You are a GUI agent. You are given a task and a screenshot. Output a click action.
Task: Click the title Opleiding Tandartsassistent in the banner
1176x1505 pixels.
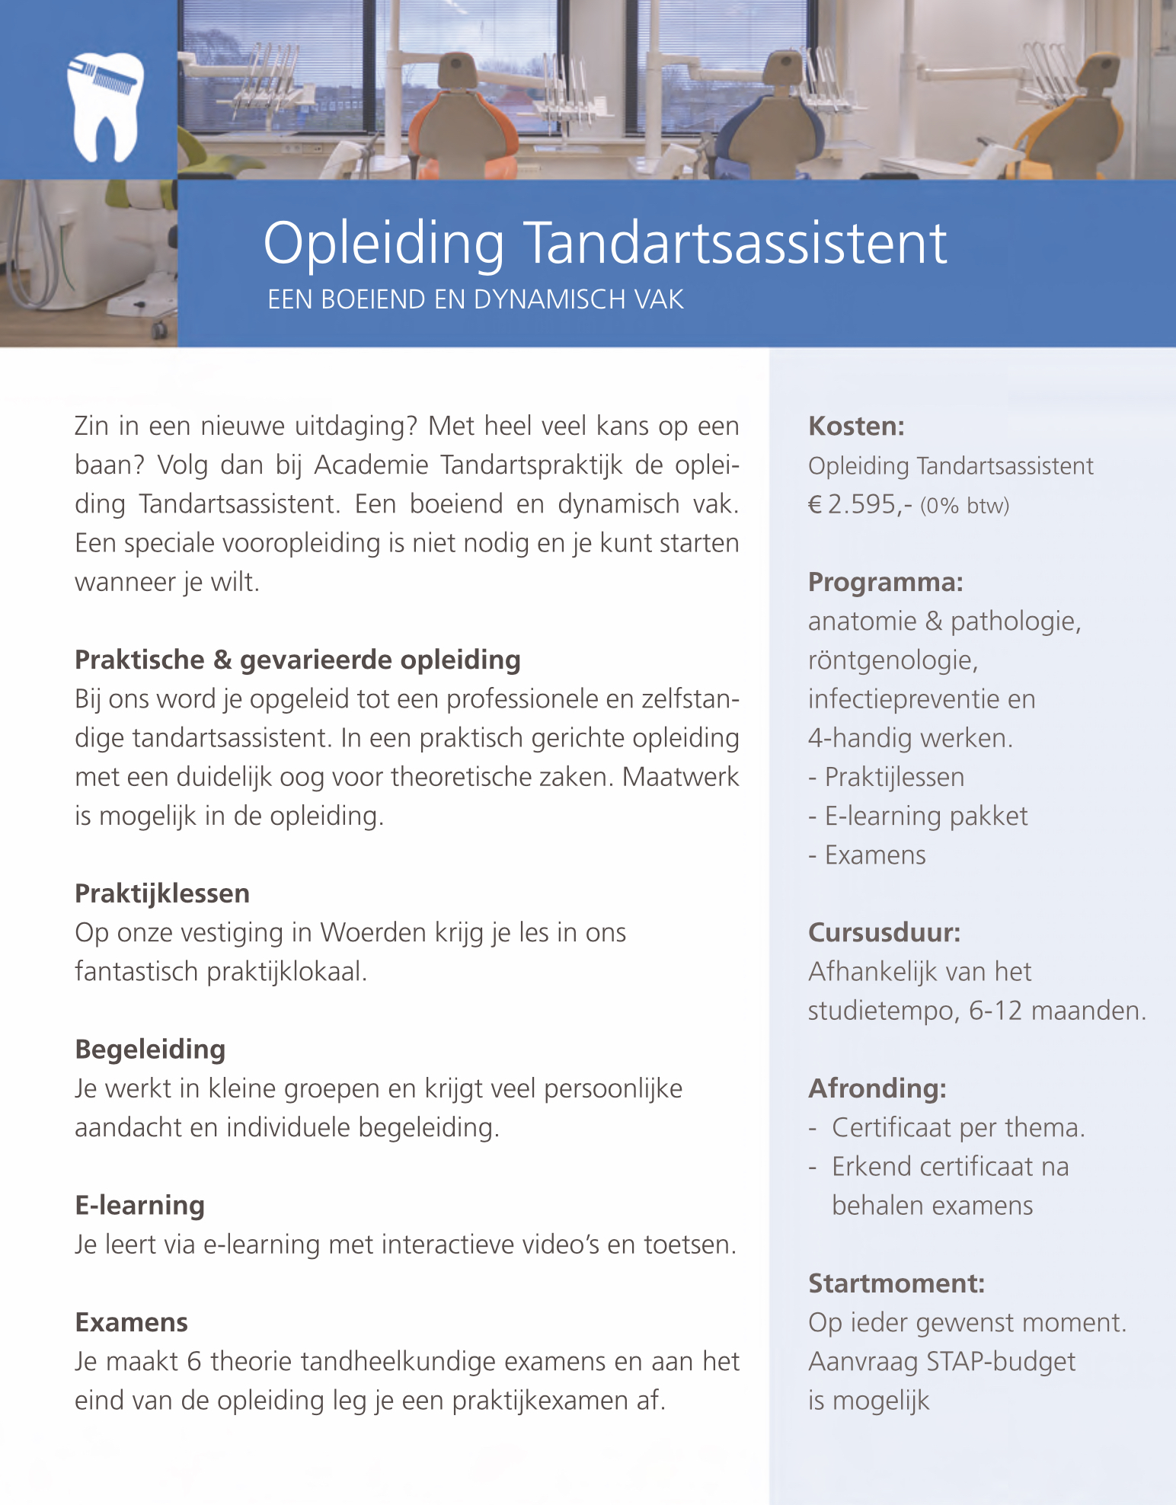[605, 244]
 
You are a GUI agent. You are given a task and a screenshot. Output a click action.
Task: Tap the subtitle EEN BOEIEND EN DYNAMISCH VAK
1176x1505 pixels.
[475, 300]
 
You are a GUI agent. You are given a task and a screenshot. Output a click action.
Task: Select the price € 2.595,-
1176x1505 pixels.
[860, 505]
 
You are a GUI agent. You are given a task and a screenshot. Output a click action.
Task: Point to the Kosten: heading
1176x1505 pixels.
[856, 427]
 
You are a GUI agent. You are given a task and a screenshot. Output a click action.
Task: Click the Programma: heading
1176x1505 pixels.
[885, 583]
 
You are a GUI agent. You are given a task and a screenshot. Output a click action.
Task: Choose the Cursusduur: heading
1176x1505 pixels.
[884, 933]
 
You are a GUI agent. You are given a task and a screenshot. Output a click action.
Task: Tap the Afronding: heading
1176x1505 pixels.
[877, 1089]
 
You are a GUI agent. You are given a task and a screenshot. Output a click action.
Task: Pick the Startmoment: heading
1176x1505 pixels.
[896, 1284]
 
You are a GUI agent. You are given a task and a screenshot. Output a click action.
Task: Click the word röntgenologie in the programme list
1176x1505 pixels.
[893, 660]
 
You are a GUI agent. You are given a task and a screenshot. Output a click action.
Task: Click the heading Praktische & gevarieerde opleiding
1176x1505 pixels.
[297, 660]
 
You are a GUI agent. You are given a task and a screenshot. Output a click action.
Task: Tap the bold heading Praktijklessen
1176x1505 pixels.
[162, 893]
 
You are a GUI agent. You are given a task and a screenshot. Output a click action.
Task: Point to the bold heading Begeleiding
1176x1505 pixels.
[150, 1050]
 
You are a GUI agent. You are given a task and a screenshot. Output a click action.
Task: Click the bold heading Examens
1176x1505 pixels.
[131, 1323]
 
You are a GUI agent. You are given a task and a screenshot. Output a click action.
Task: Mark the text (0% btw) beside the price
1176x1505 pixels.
[964, 506]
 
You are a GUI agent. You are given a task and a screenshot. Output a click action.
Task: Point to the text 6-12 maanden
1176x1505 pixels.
[1057, 1011]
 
